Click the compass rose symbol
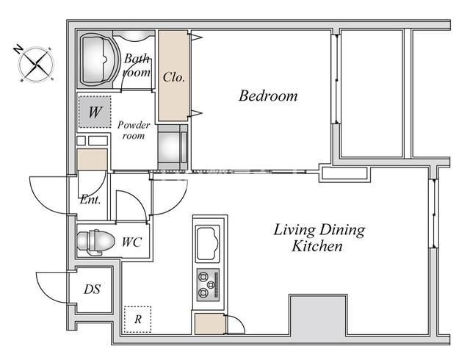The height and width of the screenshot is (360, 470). [x=36, y=64]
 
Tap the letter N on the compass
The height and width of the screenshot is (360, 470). [x=18, y=49]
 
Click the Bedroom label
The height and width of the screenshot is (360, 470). [x=268, y=96]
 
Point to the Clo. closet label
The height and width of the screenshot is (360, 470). [x=174, y=77]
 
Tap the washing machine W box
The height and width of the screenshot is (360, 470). [x=95, y=112]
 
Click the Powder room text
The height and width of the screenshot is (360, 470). [x=134, y=130]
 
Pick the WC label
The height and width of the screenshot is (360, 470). [x=132, y=242]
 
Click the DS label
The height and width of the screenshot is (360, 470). [x=92, y=289]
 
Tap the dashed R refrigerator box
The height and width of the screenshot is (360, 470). [x=137, y=319]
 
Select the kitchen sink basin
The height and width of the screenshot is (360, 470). [x=207, y=243]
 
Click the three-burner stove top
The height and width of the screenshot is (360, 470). [x=208, y=285]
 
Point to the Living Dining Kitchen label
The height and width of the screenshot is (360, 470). [x=319, y=238]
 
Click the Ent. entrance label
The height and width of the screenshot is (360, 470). [x=90, y=200]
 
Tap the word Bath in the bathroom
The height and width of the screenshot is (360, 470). [x=137, y=58]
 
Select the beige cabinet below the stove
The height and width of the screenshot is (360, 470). [x=209, y=323]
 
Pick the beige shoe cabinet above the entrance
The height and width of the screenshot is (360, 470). [x=93, y=159]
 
